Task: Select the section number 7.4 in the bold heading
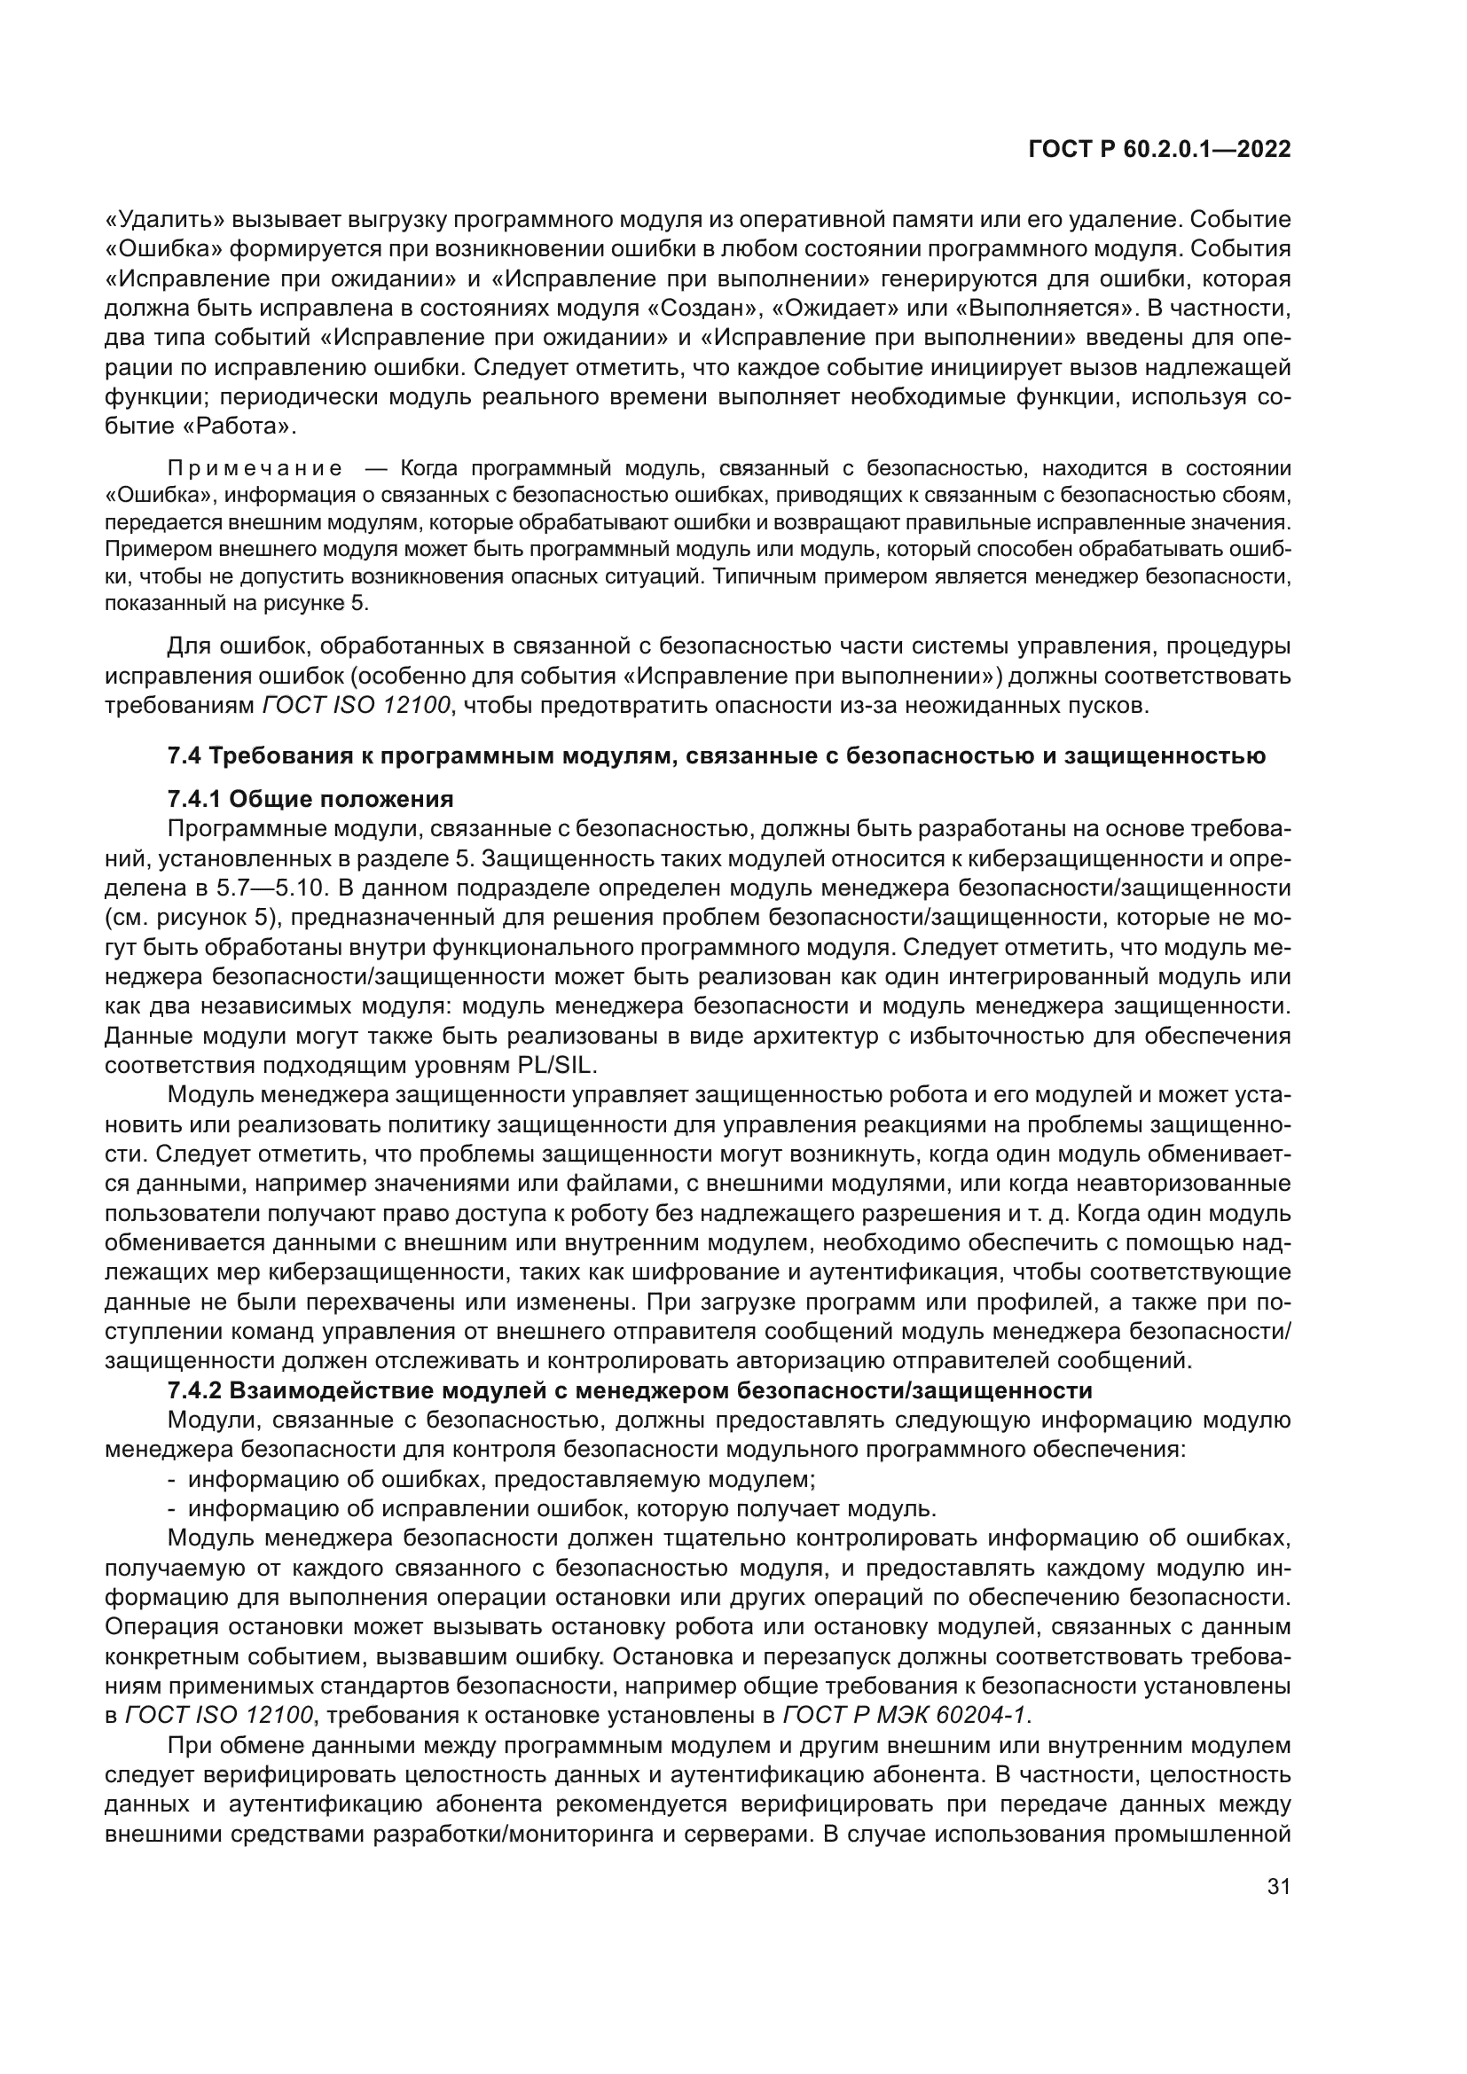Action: coord(185,756)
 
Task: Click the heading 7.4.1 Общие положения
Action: coord(310,800)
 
